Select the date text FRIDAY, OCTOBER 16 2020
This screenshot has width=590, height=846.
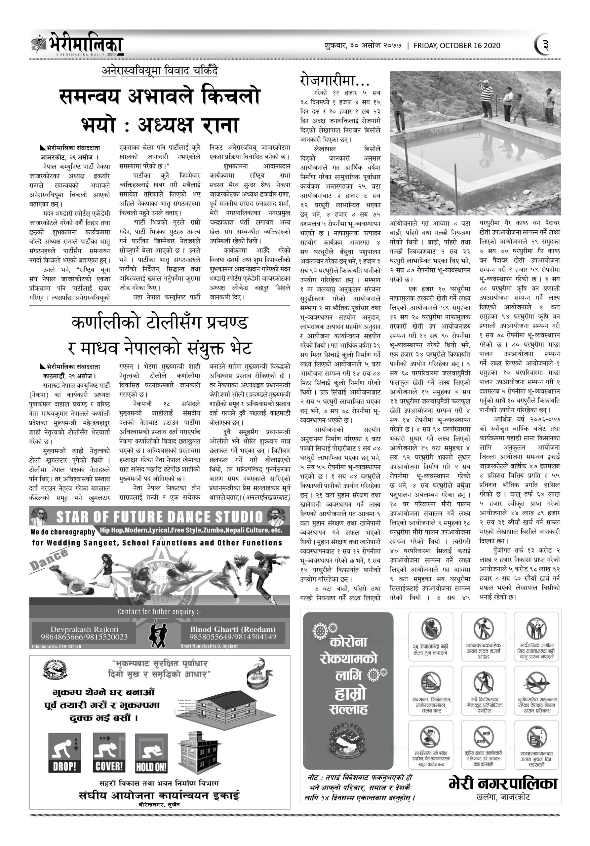[x=457, y=46]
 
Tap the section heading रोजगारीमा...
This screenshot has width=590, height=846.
[x=334, y=80]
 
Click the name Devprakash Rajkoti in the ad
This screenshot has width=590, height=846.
[x=84, y=629]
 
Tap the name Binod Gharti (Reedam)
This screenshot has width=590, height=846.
[x=233, y=629]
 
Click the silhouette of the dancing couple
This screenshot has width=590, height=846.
[x=159, y=634]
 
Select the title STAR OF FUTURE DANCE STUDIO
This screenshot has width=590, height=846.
[x=159, y=517]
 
